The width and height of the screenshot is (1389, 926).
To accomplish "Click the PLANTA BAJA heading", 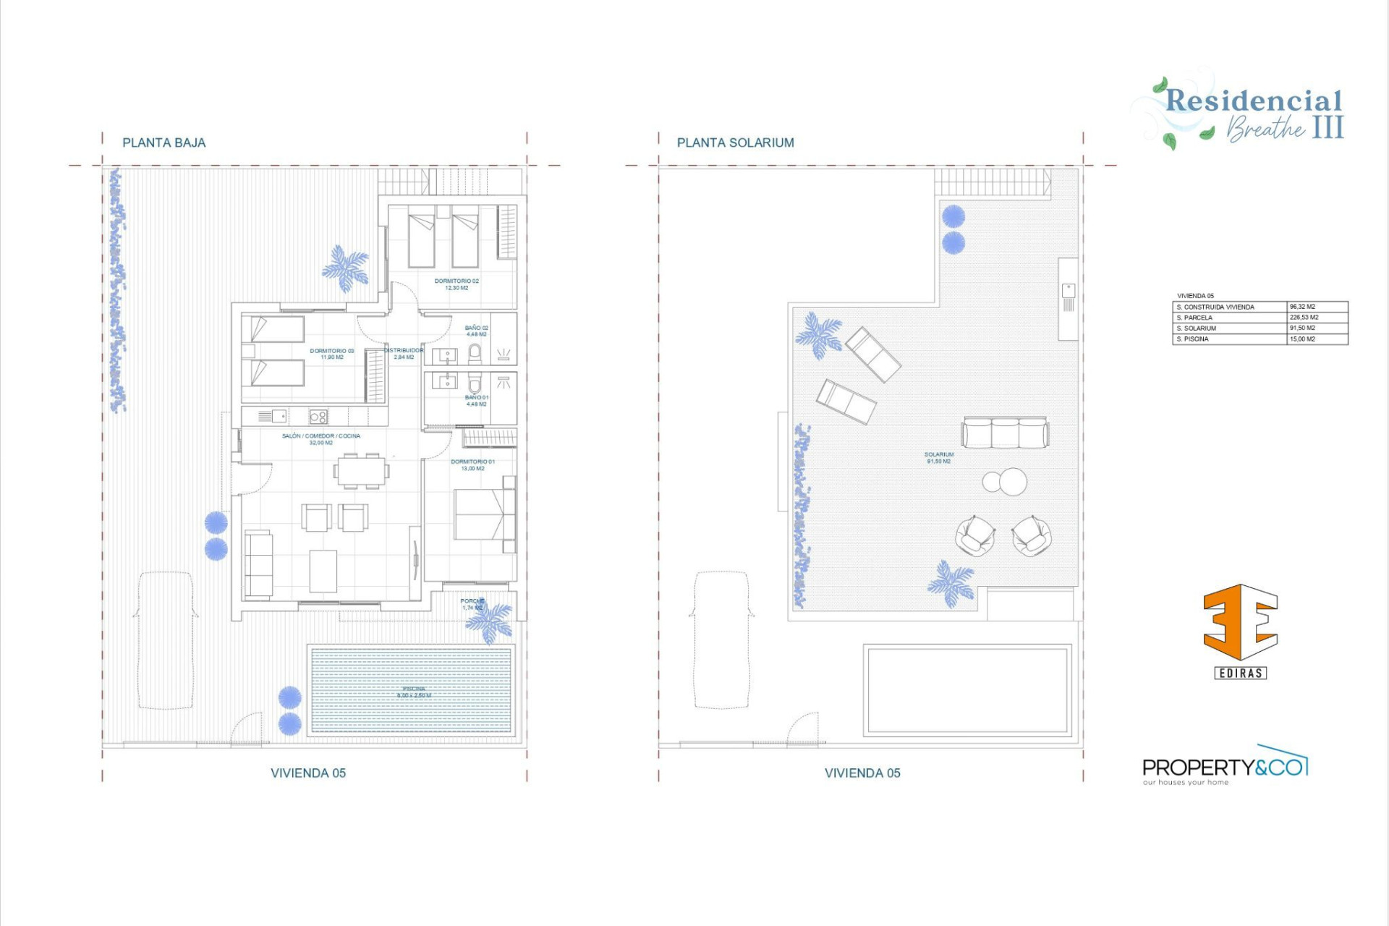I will tap(163, 143).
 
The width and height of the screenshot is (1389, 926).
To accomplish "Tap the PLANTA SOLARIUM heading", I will tap(735, 143).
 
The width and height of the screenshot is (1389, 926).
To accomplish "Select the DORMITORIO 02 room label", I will tap(456, 284).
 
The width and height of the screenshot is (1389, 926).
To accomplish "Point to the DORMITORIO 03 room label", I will tap(332, 354).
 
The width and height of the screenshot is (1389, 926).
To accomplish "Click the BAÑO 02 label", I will tap(476, 331).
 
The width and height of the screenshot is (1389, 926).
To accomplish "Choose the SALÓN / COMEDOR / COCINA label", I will tap(320, 439).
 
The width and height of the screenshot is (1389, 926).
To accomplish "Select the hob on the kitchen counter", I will tap(318, 417).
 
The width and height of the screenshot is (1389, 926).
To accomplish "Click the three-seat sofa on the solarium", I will tap(1005, 433).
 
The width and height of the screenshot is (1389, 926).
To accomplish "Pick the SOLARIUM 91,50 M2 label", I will tap(938, 457).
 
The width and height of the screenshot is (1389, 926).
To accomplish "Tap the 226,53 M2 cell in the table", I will tap(1304, 318).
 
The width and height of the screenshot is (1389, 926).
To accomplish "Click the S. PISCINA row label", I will tap(1193, 339).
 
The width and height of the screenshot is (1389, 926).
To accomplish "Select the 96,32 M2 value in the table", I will tap(1302, 307).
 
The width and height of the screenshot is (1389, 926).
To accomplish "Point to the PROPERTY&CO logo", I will tap(1225, 768).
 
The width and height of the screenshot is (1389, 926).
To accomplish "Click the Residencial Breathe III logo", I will tap(1252, 112).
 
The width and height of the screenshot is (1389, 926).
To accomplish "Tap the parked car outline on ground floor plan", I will tap(166, 640).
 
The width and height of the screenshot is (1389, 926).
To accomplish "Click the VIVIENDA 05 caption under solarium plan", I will tap(862, 773).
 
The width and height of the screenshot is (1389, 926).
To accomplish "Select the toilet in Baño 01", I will tap(475, 383).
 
